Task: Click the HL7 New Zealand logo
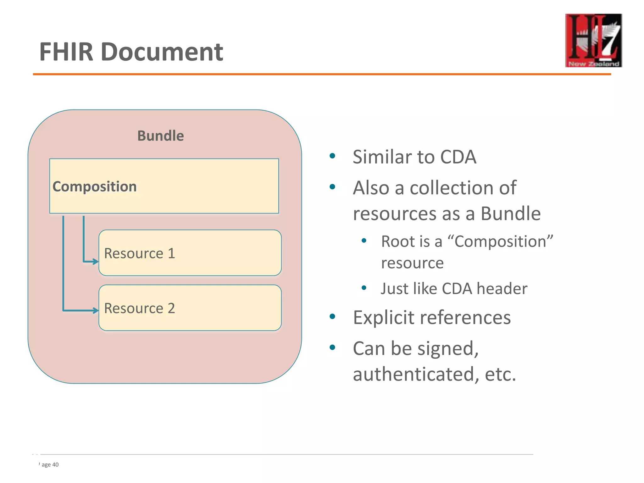click(x=593, y=40)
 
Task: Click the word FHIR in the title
click(x=66, y=52)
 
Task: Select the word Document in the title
click(x=162, y=52)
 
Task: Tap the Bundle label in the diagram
click(x=160, y=136)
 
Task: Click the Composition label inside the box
click(x=95, y=186)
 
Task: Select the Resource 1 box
click(x=190, y=253)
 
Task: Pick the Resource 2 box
click(x=190, y=308)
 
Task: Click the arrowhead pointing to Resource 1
click(x=96, y=261)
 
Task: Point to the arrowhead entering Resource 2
click(x=96, y=311)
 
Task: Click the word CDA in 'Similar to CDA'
click(x=458, y=157)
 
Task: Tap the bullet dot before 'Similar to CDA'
click(x=332, y=156)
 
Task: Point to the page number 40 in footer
click(x=55, y=465)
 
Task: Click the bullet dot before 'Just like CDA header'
click(x=364, y=288)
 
